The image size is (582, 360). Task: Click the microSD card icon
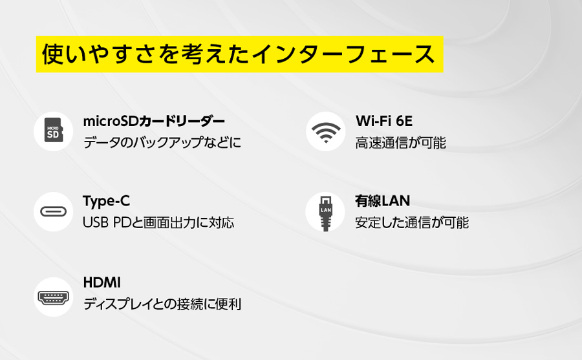point(54,131)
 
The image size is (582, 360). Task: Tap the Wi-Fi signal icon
point(326,132)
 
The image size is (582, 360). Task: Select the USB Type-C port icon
point(54,211)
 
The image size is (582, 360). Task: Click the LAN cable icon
point(325,213)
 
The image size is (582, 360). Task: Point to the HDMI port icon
point(54,297)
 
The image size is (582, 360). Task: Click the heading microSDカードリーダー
point(154,122)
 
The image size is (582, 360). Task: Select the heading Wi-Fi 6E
point(383,121)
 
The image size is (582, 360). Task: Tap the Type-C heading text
point(106,201)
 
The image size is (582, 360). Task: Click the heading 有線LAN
point(382,201)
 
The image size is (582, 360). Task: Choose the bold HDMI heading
point(102,282)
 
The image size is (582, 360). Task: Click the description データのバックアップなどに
point(162,143)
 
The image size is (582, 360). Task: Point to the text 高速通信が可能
point(400,143)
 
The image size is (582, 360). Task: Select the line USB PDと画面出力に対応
point(158,223)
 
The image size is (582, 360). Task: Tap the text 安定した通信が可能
point(412,223)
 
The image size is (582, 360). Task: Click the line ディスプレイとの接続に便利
point(162,304)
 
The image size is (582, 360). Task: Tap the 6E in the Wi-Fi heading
point(404,121)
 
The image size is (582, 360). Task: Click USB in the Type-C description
point(96,223)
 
